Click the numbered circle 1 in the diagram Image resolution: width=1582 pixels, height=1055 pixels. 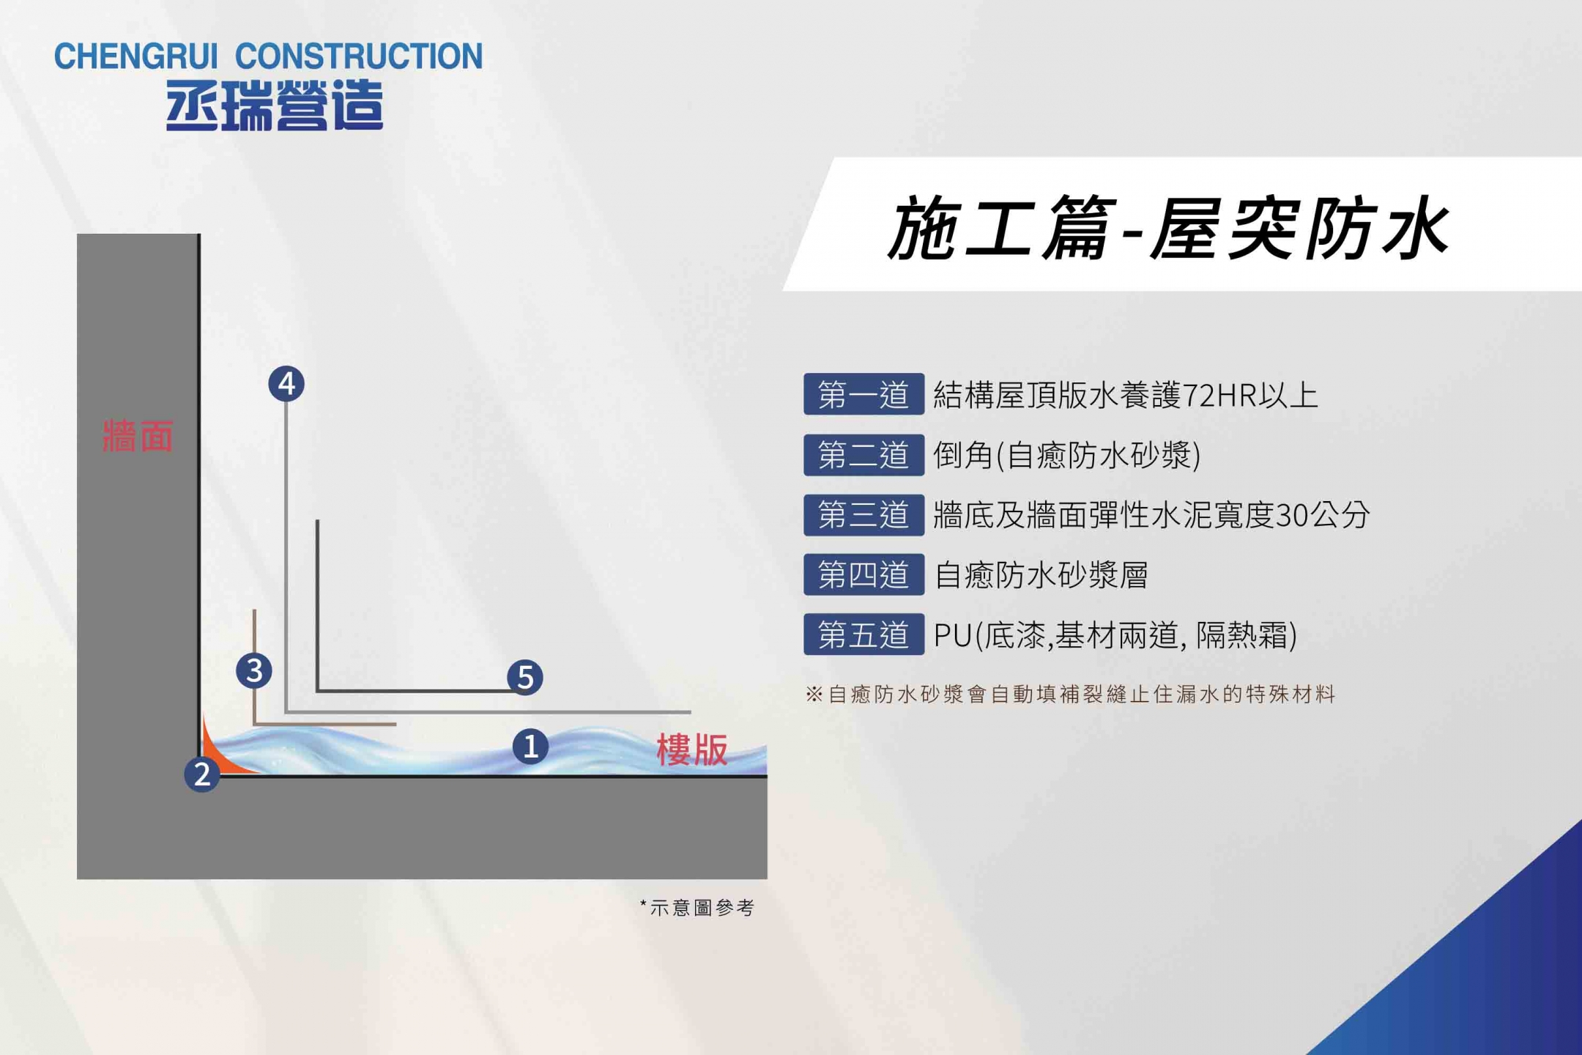(x=530, y=747)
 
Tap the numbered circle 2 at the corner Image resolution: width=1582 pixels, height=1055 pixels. (x=202, y=774)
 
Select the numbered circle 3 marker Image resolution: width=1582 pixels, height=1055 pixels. (x=254, y=670)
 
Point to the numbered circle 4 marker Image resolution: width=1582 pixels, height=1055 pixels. (x=286, y=384)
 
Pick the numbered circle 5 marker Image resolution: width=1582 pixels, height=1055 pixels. (x=525, y=677)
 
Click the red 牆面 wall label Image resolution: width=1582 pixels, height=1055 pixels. (x=138, y=436)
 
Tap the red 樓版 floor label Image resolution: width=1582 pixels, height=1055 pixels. (x=692, y=749)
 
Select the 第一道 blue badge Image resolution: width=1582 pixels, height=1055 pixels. (x=864, y=394)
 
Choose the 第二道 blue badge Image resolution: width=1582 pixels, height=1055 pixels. (x=864, y=455)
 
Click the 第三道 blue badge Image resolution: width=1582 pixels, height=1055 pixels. (x=864, y=515)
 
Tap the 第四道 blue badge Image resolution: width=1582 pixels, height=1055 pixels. (x=864, y=574)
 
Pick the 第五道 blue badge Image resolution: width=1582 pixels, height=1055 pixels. (x=864, y=634)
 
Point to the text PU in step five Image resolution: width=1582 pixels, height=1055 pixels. (x=953, y=635)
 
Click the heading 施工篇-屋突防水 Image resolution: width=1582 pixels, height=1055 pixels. (x=1168, y=228)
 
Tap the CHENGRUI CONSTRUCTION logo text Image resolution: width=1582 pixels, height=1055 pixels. (x=269, y=56)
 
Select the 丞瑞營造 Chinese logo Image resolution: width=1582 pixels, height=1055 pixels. (x=275, y=105)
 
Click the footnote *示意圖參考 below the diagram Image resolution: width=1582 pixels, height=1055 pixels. (x=697, y=908)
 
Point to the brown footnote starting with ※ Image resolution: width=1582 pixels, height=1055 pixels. (x=1070, y=694)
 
